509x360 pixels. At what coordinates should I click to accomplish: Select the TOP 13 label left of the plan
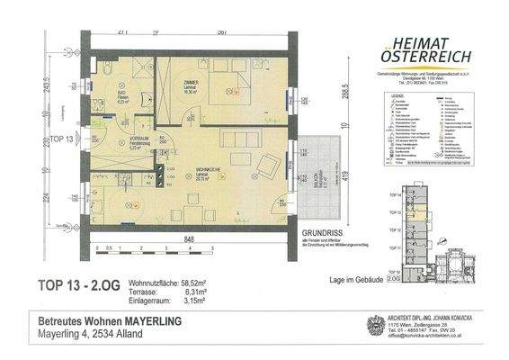tap(61, 139)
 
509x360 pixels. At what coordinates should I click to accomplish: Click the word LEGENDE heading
tap(394, 94)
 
